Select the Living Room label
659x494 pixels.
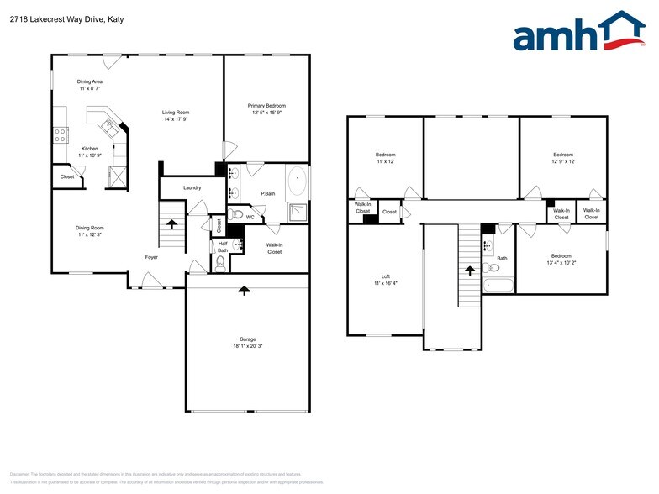pos(176,112)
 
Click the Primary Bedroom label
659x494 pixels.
pos(266,106)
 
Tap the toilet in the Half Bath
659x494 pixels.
pos(220,263)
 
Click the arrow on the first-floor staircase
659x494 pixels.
pos(172,224)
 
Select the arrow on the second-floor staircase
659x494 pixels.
pos(469,270)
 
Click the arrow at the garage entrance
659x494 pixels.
pos(245,291)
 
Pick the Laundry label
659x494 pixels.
pos(192,187)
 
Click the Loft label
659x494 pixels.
pos(385,276)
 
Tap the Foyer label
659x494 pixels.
pos(151,257)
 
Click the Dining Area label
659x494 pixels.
pos(90,81)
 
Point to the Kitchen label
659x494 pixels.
pos(89,149)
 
